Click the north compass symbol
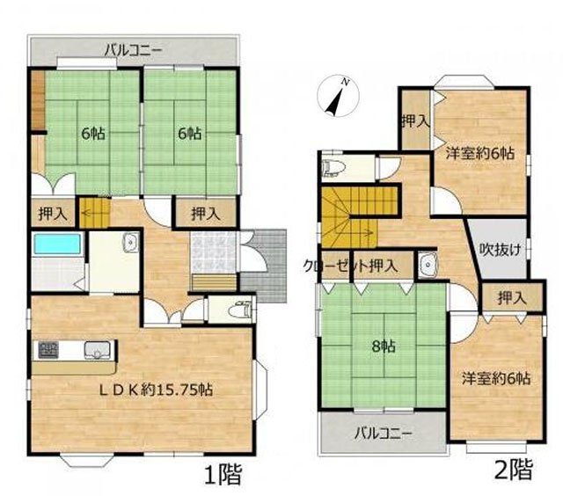click(338, 96)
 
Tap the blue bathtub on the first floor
click(57, 244)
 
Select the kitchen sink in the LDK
click(98, 350)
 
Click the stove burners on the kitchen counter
click(48, 350)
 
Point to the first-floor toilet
click(241, 309)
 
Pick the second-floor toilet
click(333, 168)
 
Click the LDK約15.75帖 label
click(156, 390)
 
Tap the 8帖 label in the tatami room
click(384, 346)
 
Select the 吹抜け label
click(501, 249)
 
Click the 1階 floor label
click(223, 474)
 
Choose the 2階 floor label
click(514, 470)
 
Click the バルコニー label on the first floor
click(133, 51)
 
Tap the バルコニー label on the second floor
click(384, 434)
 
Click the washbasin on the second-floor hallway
click(428, 265)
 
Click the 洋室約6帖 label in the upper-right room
click(480, 154)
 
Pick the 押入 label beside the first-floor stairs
click(53, 215)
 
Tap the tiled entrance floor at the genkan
click(214, 252)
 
